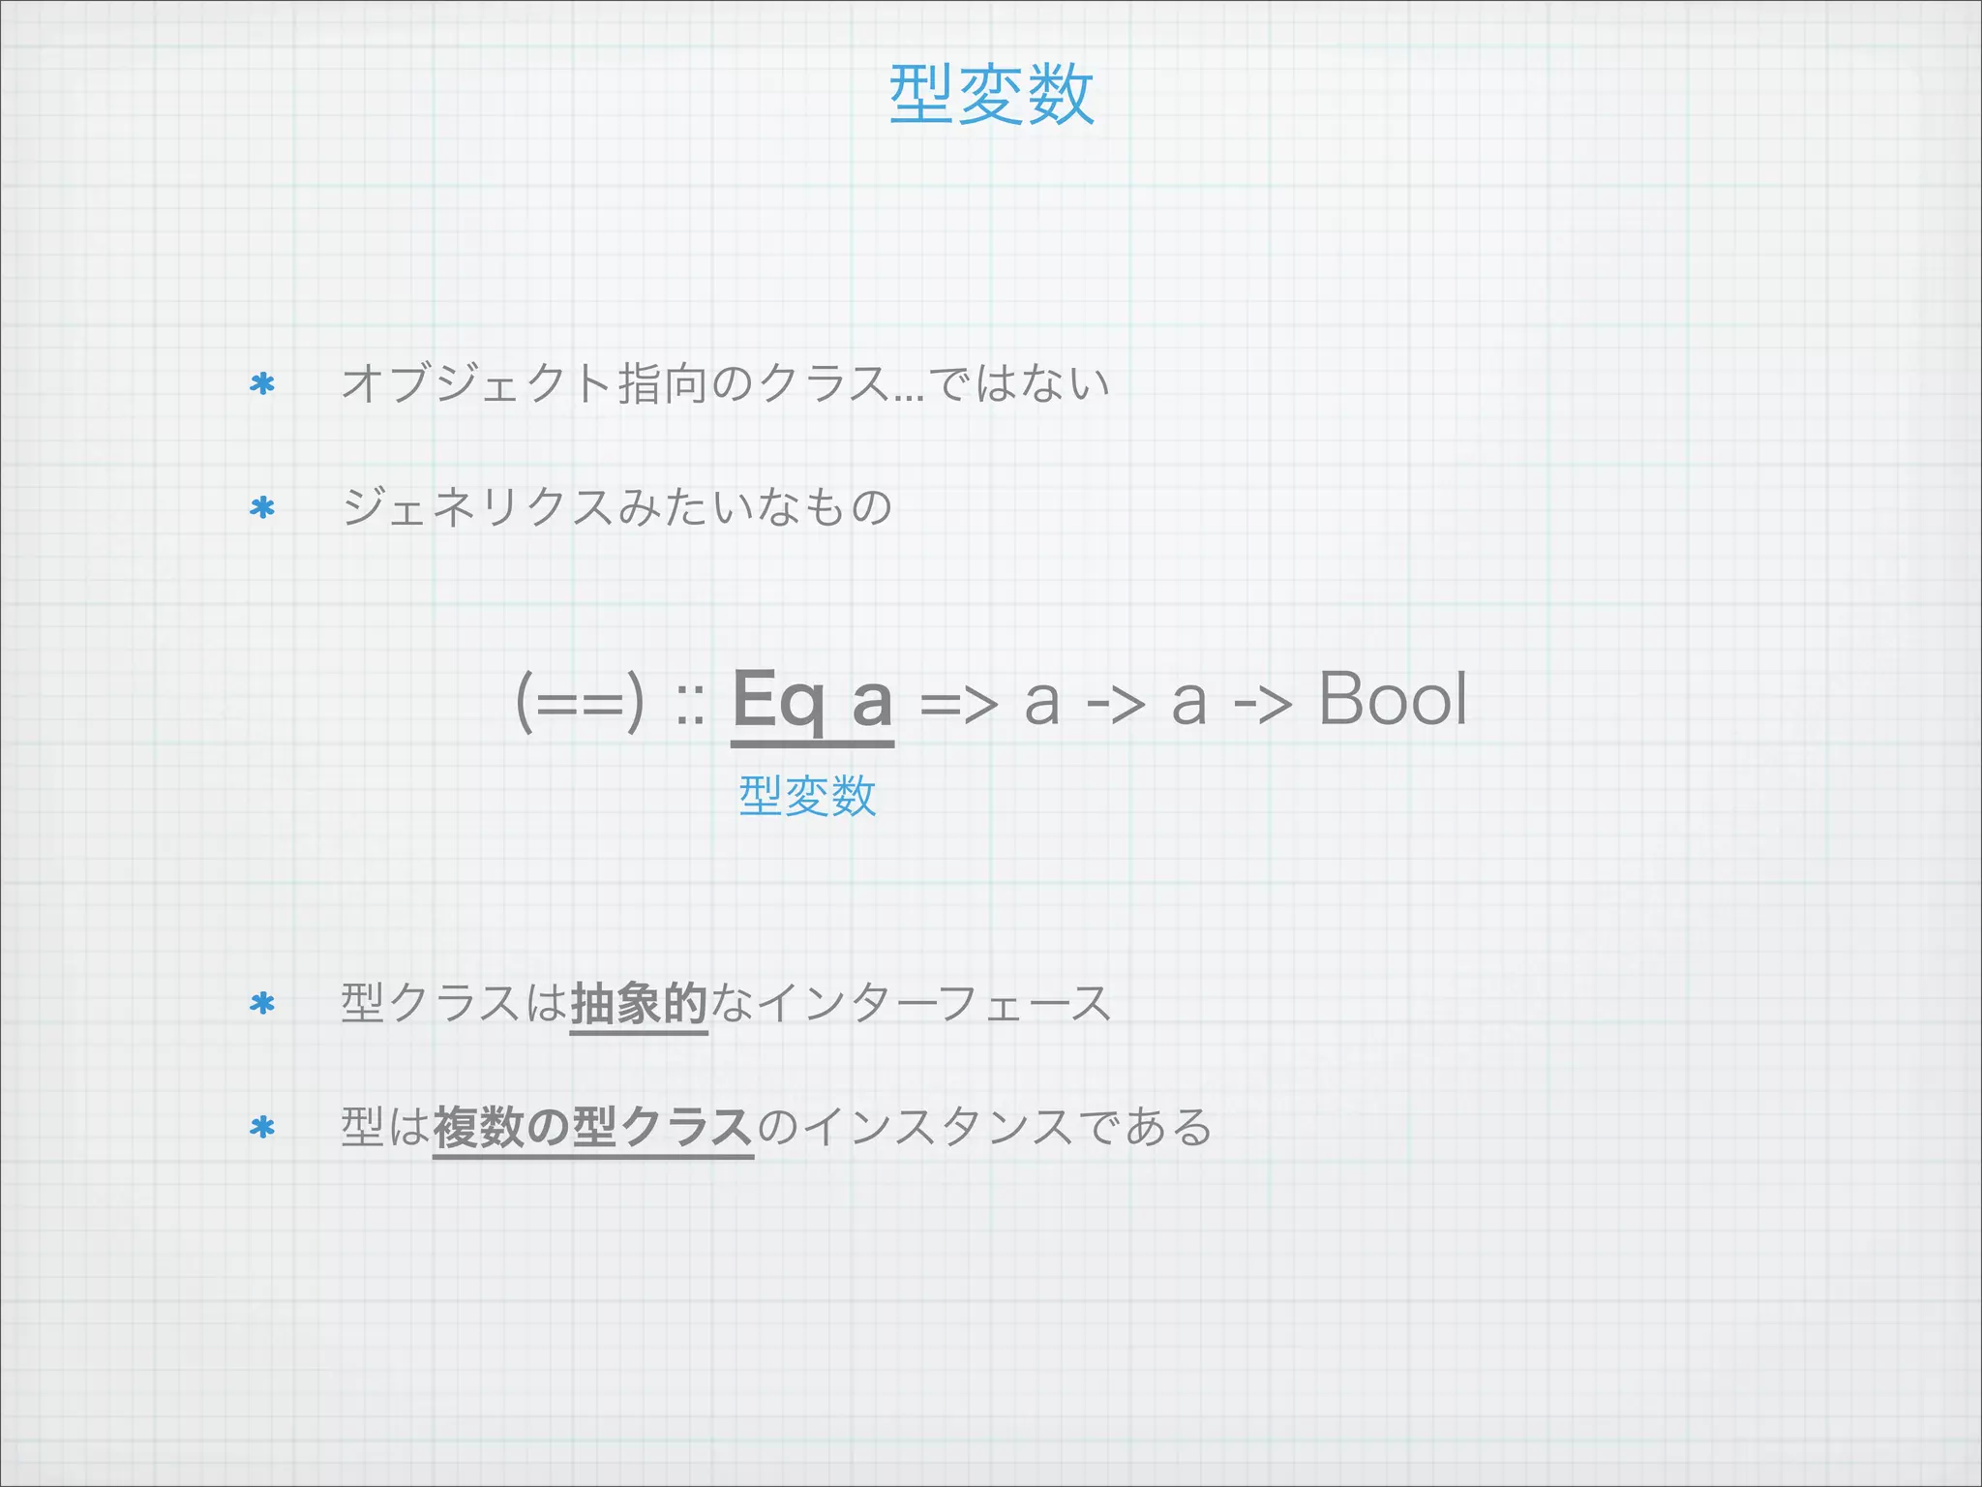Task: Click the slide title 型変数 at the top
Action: tap(991, 95)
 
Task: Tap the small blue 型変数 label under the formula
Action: tap(807, 796)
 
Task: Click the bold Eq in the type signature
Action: tap(779, 699)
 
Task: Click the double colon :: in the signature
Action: tap(689, 705)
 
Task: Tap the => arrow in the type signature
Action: tap(957, 703)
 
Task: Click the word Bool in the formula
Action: tap(1393, 699)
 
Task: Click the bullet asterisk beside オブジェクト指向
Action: tap(262, 384)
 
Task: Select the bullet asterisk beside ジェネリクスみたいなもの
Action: tap(262, 508)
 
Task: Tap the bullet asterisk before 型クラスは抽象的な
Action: tap(262, 1004)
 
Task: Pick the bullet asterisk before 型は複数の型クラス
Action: tap(262, 1128)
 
